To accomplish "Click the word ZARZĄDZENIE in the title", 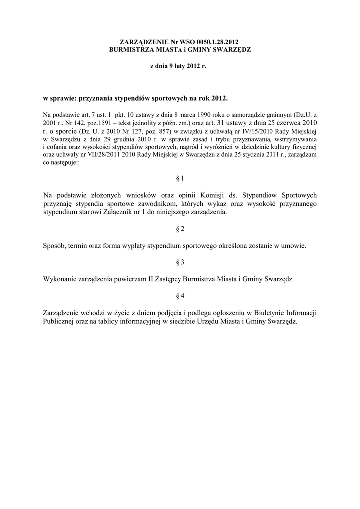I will (x=142, y=43).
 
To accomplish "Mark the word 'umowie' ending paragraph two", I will (x=293, y=246).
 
